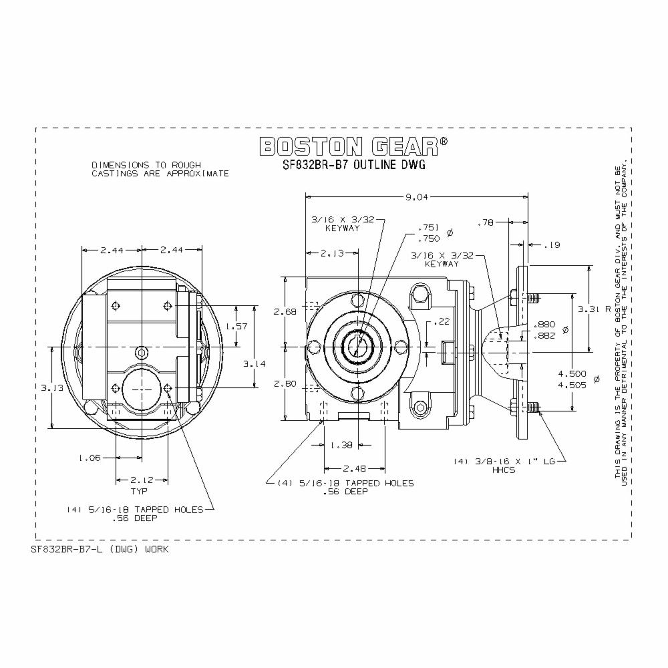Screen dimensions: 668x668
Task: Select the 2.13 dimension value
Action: click(x=332, y=253)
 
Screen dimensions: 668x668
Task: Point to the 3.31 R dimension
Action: click(x=594, y=309)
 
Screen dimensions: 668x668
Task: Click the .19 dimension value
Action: click(x=551, y=246)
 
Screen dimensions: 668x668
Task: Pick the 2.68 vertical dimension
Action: click(x=286, y=311)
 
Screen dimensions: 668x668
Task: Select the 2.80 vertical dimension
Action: click(x=286, y=383)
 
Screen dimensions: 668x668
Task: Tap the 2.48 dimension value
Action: click(x=355, y=468)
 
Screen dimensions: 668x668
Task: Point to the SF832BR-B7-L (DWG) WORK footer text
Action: click(x=100, y=549)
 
